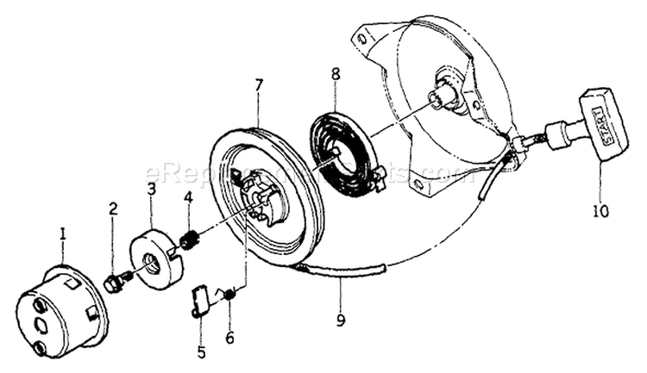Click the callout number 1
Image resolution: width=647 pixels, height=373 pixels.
coord(62,233)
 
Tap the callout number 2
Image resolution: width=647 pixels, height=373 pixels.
coord(113,208)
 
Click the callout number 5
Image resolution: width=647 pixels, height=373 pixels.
coord(201,351)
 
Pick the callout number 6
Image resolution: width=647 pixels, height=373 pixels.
coord(229,338)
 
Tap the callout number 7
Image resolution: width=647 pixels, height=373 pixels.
coord(258,86)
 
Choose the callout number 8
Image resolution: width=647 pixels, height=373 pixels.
coord(336,75)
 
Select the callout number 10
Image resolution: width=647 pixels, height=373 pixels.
coord(600,209)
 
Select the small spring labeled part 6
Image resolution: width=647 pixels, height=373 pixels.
coord(229,295)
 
